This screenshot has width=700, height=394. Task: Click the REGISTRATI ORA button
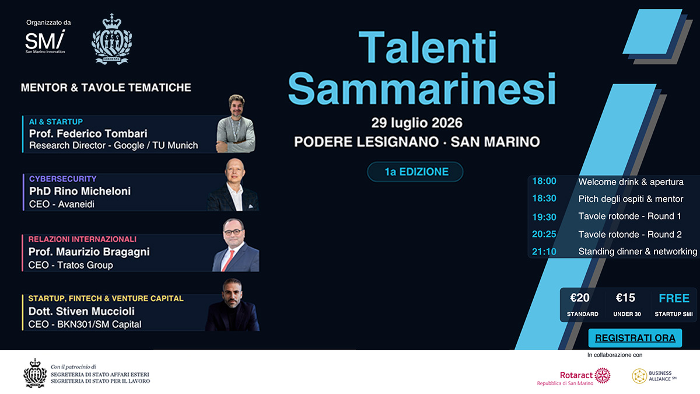point(635,338)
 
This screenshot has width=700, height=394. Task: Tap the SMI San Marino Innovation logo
point(45,42)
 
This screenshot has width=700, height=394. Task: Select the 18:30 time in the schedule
point(544,198)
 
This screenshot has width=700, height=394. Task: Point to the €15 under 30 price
point(625,298)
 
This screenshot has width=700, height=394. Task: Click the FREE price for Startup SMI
point(674,298)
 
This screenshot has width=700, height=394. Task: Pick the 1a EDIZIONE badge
point(415,172)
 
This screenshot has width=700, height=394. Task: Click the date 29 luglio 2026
point(417,123)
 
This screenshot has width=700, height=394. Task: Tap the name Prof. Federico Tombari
point(88,134)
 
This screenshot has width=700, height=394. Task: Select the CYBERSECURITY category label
point(63,179)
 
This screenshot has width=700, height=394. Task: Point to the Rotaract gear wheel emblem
point(603,375)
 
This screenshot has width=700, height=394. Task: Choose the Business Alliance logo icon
point(639,376)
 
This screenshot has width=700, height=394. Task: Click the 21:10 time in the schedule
point(544,252)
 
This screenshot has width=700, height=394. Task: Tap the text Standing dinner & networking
point(638,252)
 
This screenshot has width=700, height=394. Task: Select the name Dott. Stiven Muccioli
point(82,312)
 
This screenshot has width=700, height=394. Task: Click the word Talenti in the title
point(428,47)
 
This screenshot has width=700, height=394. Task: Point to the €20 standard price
point(580,298)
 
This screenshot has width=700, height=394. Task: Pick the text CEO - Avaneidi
point(62,204)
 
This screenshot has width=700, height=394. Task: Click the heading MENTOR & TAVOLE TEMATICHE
point(106,88)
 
